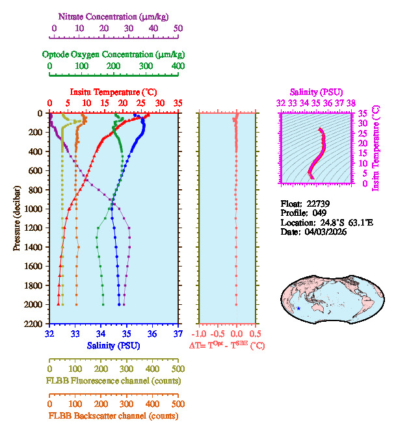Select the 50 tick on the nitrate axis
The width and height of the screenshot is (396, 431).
click(x=178, y=29)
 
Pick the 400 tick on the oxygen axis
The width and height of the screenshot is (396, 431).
click(x=178, y=66)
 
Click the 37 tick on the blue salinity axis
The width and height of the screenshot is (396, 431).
click(x=178, y=334)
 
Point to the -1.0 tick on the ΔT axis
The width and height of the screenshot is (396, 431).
click(x=202, y=334)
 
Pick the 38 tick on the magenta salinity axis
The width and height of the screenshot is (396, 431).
click(x=351, y=103)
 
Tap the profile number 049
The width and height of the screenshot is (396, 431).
click(x=317, y=213)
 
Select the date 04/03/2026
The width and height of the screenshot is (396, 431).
click(x=323, y=231)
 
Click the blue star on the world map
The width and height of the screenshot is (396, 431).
click(x=298, y=308)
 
